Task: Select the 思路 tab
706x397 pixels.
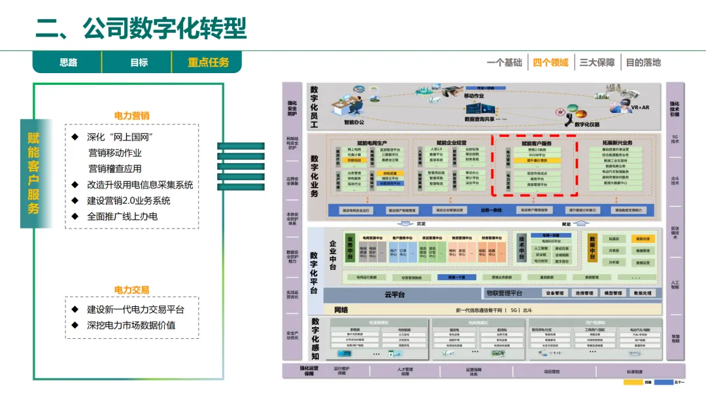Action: tap(69, 63)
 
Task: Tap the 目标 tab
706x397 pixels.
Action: tap(139, 63)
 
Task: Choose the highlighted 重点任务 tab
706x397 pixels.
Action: tap(209, 63)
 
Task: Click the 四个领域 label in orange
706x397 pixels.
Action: tap(550, 63)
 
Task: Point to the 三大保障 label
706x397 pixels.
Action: tap(597, 63)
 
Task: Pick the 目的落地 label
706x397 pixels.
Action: tap(643, 63)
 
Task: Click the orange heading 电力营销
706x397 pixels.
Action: tap(131, 116)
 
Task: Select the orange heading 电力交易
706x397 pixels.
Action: tap(131, 289)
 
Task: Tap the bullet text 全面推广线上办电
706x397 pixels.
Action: tap(122, 216)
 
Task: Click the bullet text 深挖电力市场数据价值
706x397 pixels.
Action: tap(131, 325)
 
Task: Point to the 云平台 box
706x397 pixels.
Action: tap(395, 294)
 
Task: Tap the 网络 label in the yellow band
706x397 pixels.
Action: tap(341, 310)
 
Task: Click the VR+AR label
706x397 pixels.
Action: tap(640, 107)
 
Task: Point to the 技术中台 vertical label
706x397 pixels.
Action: tap(522, 248)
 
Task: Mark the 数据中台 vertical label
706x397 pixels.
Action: tap(593, 248)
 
